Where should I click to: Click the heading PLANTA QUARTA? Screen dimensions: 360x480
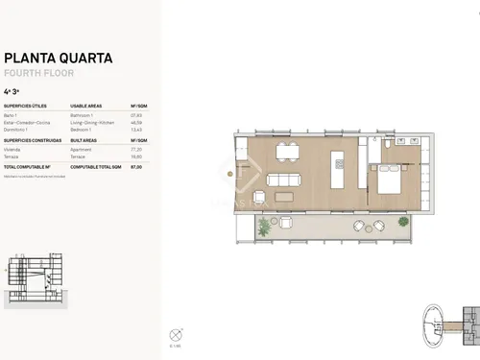point(58,58)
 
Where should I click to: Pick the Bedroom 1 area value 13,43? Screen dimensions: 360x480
point(137,129)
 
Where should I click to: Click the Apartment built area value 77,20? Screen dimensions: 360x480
point(137,150)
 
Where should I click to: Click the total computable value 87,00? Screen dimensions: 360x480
point(137,166)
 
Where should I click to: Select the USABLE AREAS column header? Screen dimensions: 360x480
point(86,107)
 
